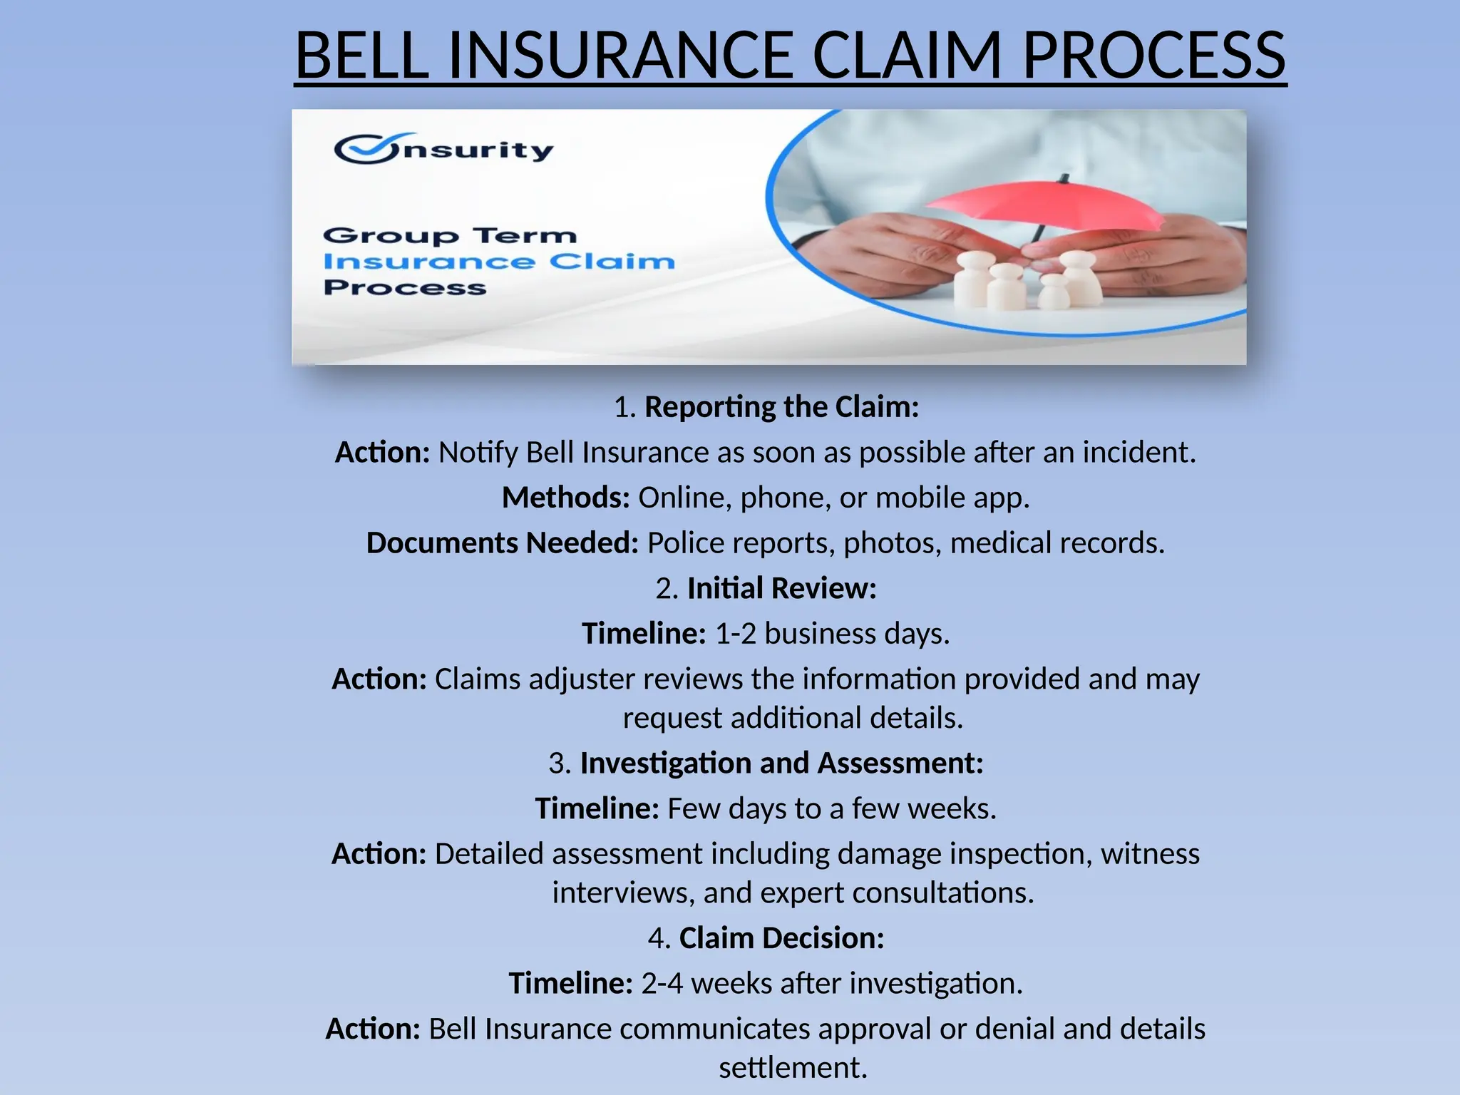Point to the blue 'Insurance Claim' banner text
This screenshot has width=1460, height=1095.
tap(498, 262)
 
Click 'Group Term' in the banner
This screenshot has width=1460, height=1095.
tap(450, 235)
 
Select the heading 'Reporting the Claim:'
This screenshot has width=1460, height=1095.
tap(782, 407)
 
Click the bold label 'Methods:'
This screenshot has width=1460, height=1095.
tap(566, 498)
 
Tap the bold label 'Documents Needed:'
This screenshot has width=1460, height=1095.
tap(503, 543)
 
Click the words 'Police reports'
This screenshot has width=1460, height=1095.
tap(741, 543)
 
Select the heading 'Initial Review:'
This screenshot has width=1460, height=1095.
tap(781, 589)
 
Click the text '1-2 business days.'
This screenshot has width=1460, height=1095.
tap(832, 634)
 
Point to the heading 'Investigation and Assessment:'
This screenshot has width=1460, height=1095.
tap(781, 764)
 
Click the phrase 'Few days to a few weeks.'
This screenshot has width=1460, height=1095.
tap(831, 809)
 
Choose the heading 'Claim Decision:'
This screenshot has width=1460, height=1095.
tap(781, 938)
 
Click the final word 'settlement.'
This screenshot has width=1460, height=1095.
tap(793, 1068)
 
